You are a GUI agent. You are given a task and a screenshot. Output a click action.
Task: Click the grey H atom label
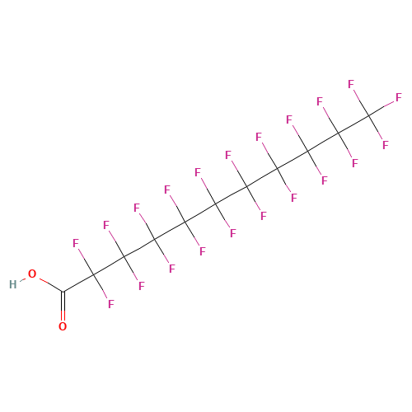pos(13,284)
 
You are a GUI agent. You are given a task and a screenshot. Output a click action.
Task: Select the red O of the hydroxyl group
pos(32,274)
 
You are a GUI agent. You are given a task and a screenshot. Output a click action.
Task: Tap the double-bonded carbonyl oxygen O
pos(63,326)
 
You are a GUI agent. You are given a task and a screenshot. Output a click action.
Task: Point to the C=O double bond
pos(63,306)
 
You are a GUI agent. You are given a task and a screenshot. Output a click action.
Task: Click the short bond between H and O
pos(22,279)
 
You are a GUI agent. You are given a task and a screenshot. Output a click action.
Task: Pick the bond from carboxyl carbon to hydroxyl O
pos(51,285)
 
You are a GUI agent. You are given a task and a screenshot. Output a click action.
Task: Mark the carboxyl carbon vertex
pos(63,292)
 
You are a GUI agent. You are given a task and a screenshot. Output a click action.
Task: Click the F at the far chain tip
pos(399,97)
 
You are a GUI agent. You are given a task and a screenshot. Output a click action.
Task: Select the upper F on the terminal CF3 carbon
pos(351,84)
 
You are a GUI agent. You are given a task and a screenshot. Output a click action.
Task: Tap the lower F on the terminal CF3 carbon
pos(386,145)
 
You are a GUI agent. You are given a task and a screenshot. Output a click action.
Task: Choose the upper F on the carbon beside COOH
pos(76,243)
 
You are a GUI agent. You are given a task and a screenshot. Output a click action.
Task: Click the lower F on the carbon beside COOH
pos(110,304)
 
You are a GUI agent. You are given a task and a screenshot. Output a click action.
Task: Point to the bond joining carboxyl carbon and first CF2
pos(78,283)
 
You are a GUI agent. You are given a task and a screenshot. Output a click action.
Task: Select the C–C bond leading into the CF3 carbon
pos(353,124)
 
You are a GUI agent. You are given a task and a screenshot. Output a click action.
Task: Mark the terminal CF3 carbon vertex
pos(369,115)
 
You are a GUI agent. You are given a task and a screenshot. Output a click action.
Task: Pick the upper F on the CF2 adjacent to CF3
pos(320,101)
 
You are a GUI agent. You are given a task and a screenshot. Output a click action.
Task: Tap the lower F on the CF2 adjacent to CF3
pos(355,163)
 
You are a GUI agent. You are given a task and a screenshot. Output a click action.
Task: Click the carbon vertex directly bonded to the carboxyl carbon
pos(94,274)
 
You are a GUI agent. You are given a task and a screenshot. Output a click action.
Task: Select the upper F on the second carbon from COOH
pos(106,225)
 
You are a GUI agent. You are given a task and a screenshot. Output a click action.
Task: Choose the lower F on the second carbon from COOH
pos(142,286)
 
